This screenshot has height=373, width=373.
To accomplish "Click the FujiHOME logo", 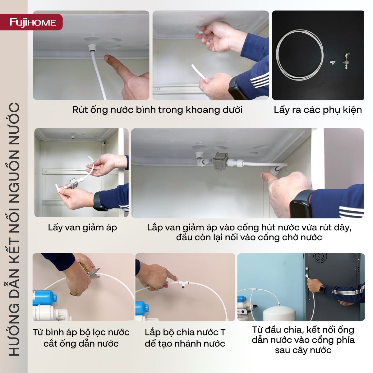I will [33, 22].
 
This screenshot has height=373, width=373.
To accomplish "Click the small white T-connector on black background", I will [332, 62].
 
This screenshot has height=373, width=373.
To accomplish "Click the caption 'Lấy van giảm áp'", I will [82, 228].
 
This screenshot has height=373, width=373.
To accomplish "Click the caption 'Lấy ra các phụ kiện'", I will [318, 110].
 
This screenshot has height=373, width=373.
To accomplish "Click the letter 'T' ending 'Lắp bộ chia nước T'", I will [223, 333].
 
